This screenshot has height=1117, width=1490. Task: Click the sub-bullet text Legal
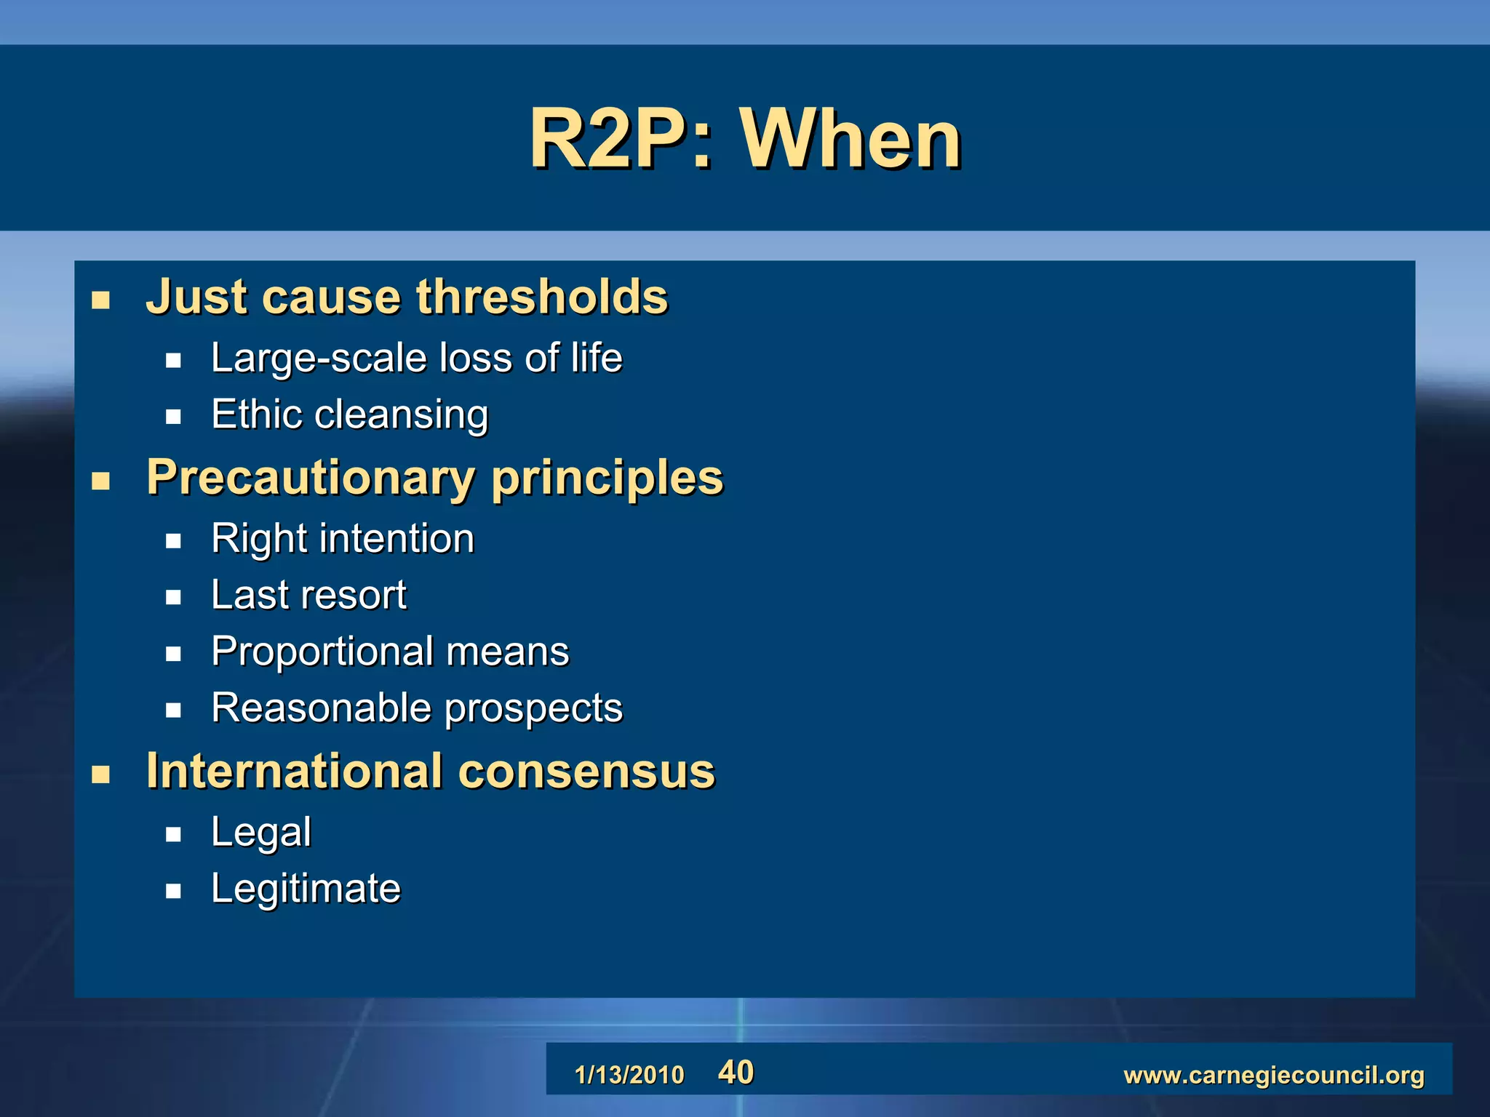[260, 833]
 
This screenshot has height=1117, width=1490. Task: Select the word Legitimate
[306, 889]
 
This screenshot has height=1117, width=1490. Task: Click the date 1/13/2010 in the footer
[629, 1074]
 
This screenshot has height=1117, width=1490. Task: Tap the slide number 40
[736, 1072]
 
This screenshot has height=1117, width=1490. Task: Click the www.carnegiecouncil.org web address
[1273, 1074]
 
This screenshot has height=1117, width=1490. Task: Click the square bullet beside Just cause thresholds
[100, 300]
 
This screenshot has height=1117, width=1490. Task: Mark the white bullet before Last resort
[173, 598]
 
